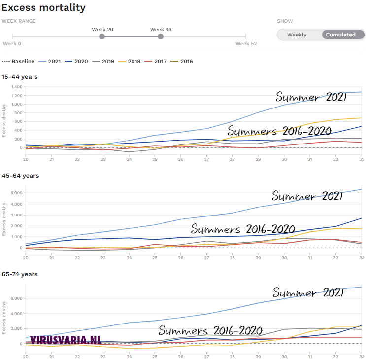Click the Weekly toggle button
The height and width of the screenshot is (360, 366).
tap(297, 35)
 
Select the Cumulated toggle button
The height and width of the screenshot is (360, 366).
tap(340, 35)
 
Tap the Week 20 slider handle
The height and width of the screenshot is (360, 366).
tap(102, 36)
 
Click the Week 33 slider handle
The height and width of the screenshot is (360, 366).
tap(161, 36)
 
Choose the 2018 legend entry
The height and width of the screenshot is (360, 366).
tap(130, 61)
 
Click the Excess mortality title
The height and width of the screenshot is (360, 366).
tap(43, 8)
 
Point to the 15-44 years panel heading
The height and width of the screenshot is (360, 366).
tap(20, 77)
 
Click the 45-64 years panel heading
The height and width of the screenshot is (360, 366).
tap(20, 176)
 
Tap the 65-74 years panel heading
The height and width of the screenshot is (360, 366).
tap(20, 274)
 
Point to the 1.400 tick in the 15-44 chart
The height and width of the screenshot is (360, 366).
tap(17, 87)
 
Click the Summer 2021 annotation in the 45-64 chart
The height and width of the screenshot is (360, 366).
tap(307, 196)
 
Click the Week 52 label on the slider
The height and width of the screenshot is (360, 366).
tap(246, 44)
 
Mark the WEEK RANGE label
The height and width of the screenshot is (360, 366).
tap(19, 21)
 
